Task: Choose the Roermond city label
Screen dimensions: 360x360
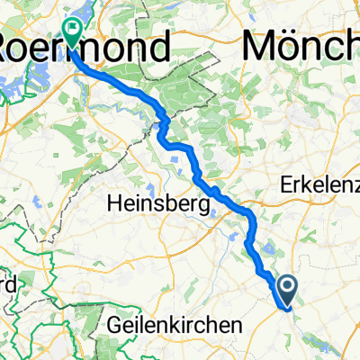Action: click(x=85, y=48)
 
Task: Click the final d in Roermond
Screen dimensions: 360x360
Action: click(x=159, y=48)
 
